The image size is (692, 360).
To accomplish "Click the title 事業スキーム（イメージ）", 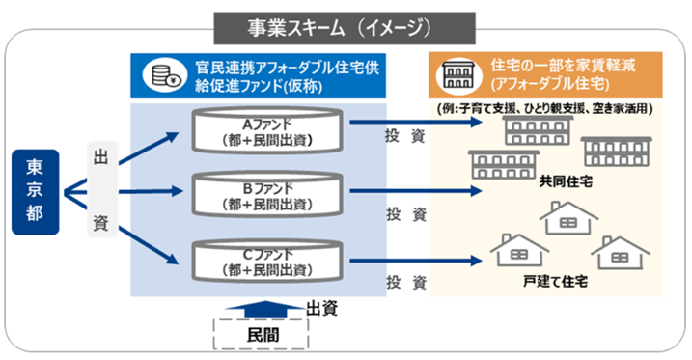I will point(345,25).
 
